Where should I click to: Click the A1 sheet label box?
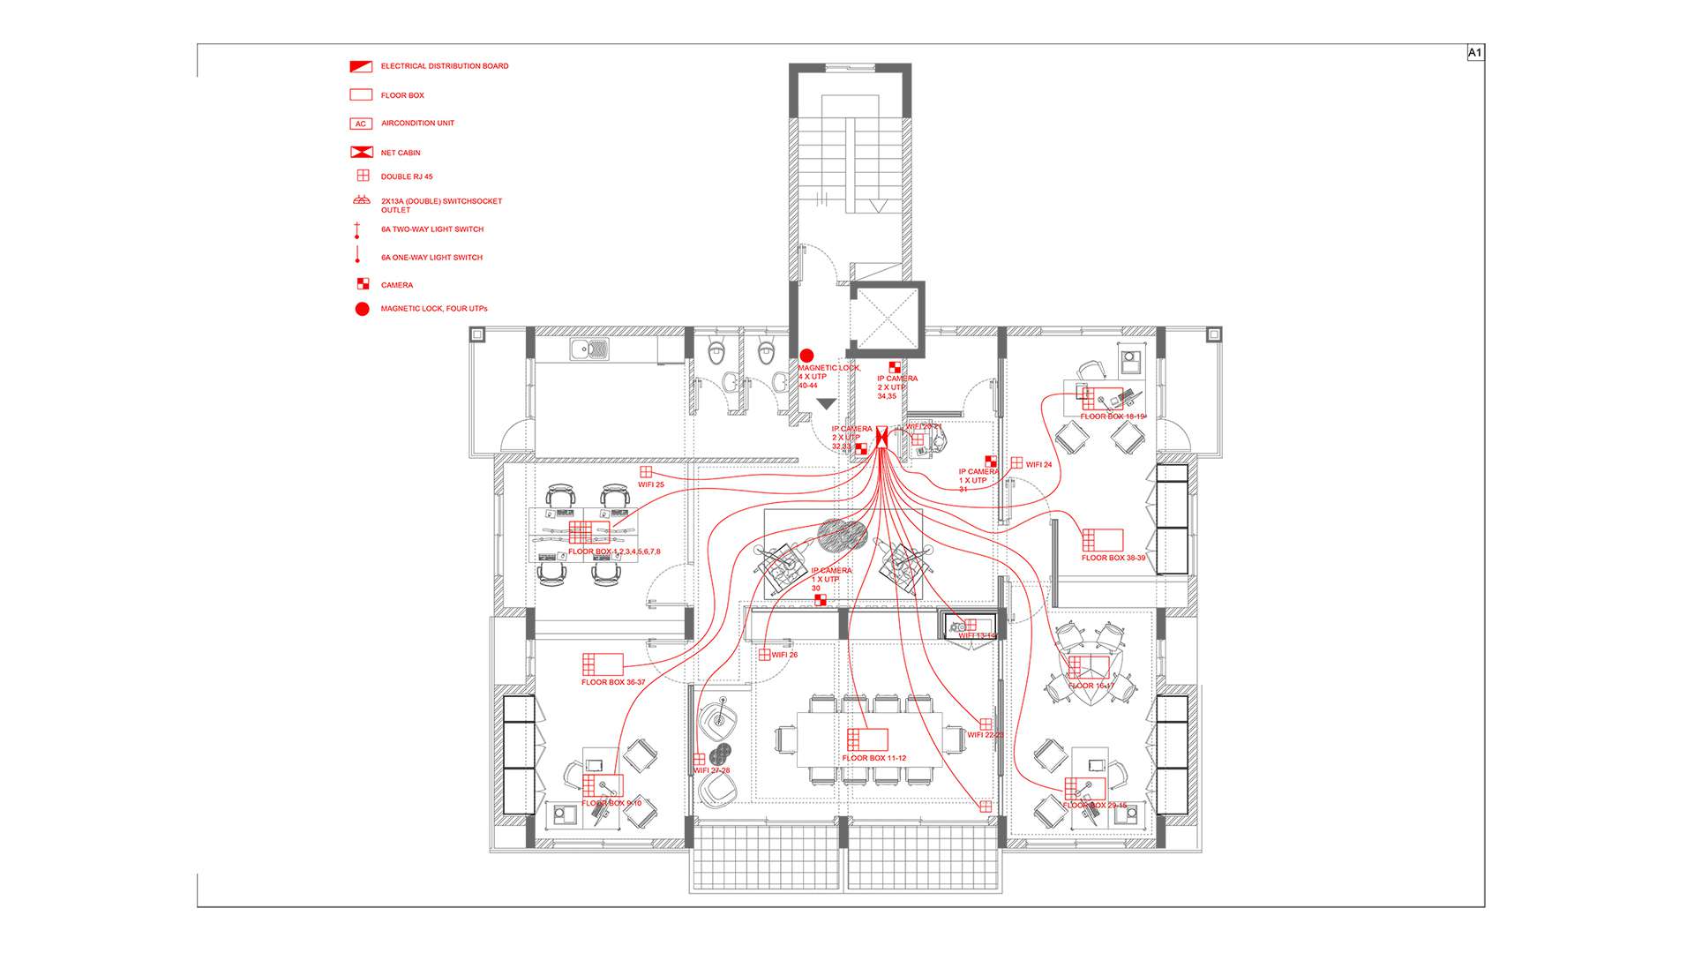click(x=1474, y=53)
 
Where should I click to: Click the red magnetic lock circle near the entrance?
click(x=806, y=356)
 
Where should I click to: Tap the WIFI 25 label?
click(x=651, y=484)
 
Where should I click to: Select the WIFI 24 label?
click(x=1038, y=464)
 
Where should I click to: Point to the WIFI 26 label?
click(x=784, y=655)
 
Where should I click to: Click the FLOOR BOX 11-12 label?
click(x=873, y=758)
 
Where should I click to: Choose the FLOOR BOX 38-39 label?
click(x=1113, y=558)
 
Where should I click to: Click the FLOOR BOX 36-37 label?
click(x=613, y=682)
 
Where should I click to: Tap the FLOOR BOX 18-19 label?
click(x=1113, y=416)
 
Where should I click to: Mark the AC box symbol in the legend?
click(x=361, y=124)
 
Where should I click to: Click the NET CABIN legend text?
click(x=401, y=153)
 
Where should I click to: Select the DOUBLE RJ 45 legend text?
click(x=407, y=176)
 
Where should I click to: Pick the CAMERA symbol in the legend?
click(x=362, y=284)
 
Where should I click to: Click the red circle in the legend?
click(x=362, y=309)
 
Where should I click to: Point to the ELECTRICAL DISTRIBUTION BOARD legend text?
click(x=445, y=66)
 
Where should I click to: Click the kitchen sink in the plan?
click(x=588, y=350)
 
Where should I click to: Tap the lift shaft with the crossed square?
click(x=886, y=319)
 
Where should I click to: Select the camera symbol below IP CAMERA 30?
click(x=821, y=600)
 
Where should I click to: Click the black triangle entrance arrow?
click(x=826, y=404)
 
